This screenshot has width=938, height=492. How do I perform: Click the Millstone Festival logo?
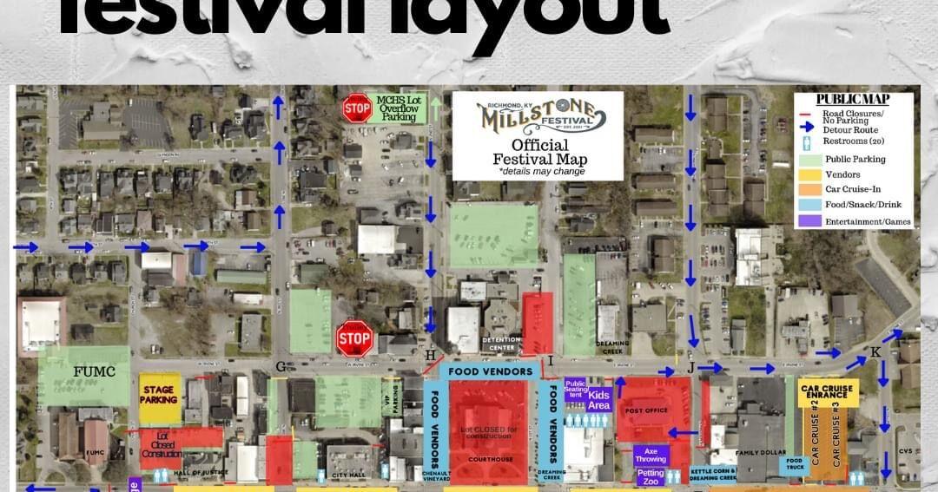[x=538, y=115]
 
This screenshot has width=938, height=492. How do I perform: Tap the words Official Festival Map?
[x=539, y=152]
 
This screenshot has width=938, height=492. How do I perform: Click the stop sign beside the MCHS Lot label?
[x=356, y=108]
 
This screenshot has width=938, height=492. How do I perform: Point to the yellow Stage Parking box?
[x=160, y=396]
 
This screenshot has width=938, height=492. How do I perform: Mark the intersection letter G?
[x=281, y=367]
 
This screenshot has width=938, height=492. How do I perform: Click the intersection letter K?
[x=875, y=351]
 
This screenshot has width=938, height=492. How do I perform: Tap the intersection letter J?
[x=692, y=367]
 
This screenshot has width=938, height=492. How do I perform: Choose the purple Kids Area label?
[x=599, y=398]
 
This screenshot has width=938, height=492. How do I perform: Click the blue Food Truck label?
[x=794, y=466]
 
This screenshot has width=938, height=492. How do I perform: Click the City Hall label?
[x=351, y=474]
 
